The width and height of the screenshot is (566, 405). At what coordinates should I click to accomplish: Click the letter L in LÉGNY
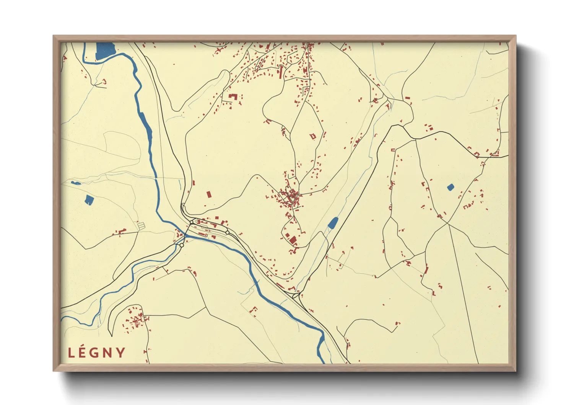(71, 353)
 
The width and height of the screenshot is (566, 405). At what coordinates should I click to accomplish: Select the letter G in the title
(96, 353)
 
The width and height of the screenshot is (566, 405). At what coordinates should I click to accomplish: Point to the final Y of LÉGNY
(120, 353)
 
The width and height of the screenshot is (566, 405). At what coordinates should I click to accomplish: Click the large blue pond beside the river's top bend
(105, 51)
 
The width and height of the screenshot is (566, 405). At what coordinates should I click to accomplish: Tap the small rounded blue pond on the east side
(451, 187)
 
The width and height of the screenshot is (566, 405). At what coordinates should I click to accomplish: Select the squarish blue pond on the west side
(89, 199)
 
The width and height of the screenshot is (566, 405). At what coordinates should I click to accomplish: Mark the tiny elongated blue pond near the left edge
(76, 183)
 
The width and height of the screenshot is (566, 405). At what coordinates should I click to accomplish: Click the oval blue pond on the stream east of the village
(333, 222)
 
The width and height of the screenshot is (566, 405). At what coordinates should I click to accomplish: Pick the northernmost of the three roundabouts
(192, 222)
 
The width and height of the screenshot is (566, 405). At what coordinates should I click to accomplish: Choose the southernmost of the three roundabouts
(182, 245)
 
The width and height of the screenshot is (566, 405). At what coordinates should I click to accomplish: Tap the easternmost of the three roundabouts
(228, 232)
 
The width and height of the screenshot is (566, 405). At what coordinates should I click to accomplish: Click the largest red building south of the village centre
(293, 240)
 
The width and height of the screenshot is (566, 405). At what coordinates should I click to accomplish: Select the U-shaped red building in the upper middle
(232, 96)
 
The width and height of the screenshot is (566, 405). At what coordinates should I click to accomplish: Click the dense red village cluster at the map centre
(291, 197)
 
